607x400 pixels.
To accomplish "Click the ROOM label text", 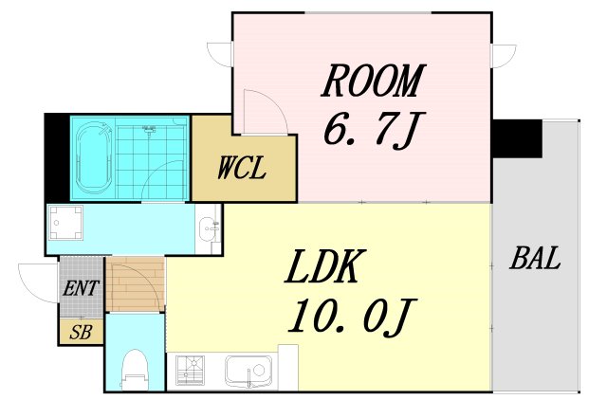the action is pos(374,81).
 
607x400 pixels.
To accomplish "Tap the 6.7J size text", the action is pos(374,131).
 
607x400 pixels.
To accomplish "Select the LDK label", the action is pos(325,266).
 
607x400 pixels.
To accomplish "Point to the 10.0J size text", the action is pos(352,316).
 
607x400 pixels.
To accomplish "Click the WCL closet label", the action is pos(242,168).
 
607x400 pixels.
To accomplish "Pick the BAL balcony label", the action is pos(535,258).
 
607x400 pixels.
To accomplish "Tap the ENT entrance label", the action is pos(81,288).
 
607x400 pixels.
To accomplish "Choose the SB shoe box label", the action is pos(81,333).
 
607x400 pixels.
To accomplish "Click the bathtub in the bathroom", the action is pos(94,158).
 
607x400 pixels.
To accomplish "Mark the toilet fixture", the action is pos(135,370).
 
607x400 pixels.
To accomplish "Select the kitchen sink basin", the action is pos(248,371).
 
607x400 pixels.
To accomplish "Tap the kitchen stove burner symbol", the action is pos(190,371).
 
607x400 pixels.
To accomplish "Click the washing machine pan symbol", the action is pos(66,223).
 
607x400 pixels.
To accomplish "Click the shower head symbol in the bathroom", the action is pos(150,129).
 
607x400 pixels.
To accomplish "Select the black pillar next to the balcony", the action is pos(517,138).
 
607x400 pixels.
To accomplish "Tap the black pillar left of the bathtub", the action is pos(57,158).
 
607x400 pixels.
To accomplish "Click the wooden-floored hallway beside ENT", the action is pos(135,284).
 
